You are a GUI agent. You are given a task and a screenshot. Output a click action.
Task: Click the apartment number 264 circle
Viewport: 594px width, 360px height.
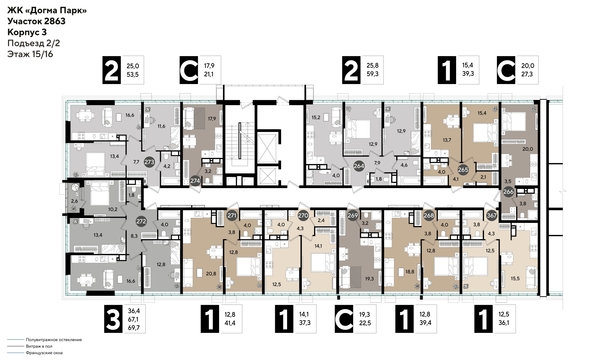click(359, 167)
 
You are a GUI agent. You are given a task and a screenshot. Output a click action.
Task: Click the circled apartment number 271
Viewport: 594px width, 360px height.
click(232, 215)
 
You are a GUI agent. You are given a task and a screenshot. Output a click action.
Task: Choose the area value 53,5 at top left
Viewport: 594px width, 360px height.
click(132, 75)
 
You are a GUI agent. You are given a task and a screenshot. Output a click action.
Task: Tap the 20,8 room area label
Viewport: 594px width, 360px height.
click(209, 273)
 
